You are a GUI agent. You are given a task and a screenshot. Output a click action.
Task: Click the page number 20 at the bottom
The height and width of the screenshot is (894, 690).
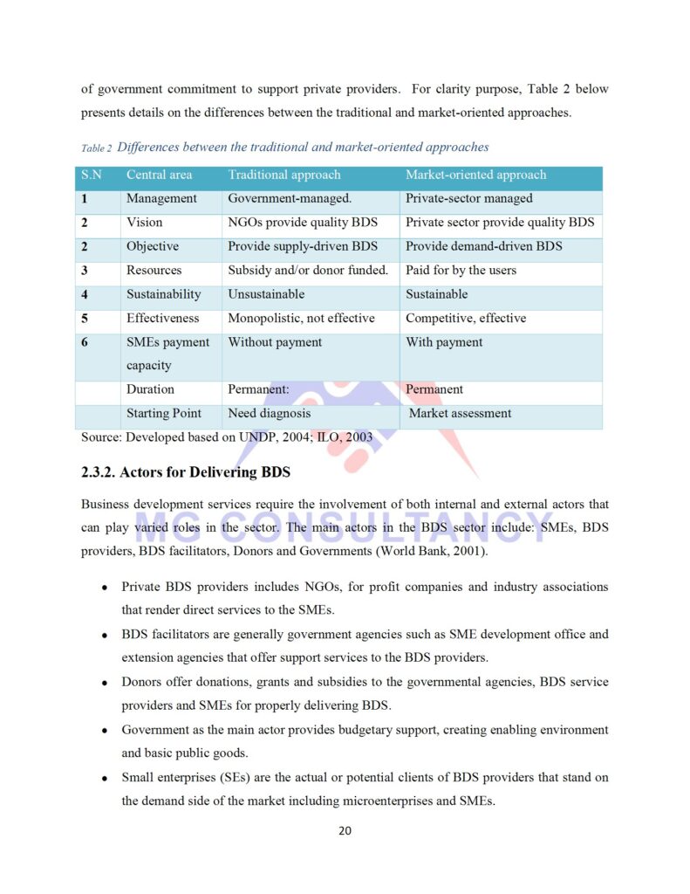pos(345,830)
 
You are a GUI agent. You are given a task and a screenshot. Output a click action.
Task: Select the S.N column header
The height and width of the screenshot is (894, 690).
pos(92,175)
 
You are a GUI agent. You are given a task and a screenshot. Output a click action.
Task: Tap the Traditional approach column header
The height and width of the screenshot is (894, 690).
pos(284,175)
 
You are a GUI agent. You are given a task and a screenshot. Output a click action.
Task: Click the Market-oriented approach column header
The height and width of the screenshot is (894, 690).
pos(475,175)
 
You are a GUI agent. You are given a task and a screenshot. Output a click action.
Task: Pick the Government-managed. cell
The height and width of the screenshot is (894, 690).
pos(290,198)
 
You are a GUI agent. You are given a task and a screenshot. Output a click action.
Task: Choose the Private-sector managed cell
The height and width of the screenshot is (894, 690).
pos(468,198)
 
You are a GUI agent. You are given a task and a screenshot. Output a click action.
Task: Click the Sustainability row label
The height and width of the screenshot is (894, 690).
pos(163,294)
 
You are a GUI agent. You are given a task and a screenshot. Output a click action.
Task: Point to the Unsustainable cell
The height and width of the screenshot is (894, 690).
pos(266,294)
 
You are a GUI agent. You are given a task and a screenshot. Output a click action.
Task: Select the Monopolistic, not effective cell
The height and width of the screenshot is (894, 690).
pos(301,318)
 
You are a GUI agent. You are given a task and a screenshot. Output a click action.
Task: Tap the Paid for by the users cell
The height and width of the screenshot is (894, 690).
pos(461,270)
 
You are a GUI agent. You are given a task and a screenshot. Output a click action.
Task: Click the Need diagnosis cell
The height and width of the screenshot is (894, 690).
pos(269,413)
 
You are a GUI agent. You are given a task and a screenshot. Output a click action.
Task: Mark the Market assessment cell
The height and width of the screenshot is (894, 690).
pos(460,413)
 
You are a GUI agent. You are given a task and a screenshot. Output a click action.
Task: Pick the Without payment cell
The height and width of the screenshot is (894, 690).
pos(275,342)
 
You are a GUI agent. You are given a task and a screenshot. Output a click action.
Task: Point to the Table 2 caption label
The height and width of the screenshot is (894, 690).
pos(96,148)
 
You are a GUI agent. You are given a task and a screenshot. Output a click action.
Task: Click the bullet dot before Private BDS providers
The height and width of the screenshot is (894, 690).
pos(105,588)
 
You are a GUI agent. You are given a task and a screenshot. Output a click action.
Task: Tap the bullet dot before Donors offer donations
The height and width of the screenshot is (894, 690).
pos(105,683)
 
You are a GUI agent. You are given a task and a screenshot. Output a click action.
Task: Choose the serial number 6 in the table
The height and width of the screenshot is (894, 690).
pos(85,342)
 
